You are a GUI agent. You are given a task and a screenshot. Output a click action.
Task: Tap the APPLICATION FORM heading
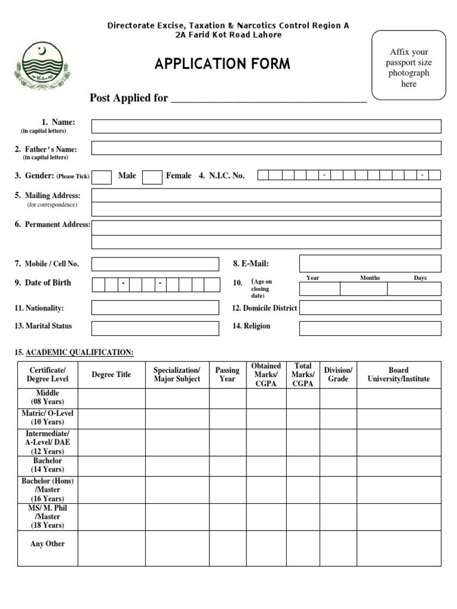click(223, 64)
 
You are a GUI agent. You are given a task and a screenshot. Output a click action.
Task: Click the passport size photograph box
click(408, 65)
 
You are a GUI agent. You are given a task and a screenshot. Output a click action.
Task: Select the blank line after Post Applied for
click(268, 99)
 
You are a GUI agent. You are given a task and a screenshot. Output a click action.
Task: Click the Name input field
click(266, 126)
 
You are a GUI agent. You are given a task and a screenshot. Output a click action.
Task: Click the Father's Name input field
click(266, 148)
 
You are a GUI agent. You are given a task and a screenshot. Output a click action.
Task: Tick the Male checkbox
click(102, 177)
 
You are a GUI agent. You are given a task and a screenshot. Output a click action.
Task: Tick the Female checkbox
click(152, 177)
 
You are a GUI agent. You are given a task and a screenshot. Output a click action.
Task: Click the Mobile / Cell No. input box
click(155, 264)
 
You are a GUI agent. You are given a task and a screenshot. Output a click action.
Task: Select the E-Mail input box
click(370, 263)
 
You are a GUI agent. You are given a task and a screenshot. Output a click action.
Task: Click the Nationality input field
click(155, 307)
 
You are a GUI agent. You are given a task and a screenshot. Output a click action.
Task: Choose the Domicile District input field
click(370, 307)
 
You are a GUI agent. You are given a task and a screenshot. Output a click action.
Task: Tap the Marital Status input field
click(155, 328)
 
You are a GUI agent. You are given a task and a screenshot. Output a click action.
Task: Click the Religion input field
click(370, 328)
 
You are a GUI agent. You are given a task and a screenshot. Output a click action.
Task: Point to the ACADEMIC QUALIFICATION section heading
click(74, 353)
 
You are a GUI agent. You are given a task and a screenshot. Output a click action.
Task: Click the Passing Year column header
click(227, 375)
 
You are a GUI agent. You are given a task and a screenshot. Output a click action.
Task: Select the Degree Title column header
click(111, 375)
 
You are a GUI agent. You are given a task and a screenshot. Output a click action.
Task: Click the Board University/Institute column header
click(398, 375)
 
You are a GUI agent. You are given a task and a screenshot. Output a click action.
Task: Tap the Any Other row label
click(48, 544)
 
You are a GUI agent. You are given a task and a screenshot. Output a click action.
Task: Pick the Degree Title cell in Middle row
click(111, 398)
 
